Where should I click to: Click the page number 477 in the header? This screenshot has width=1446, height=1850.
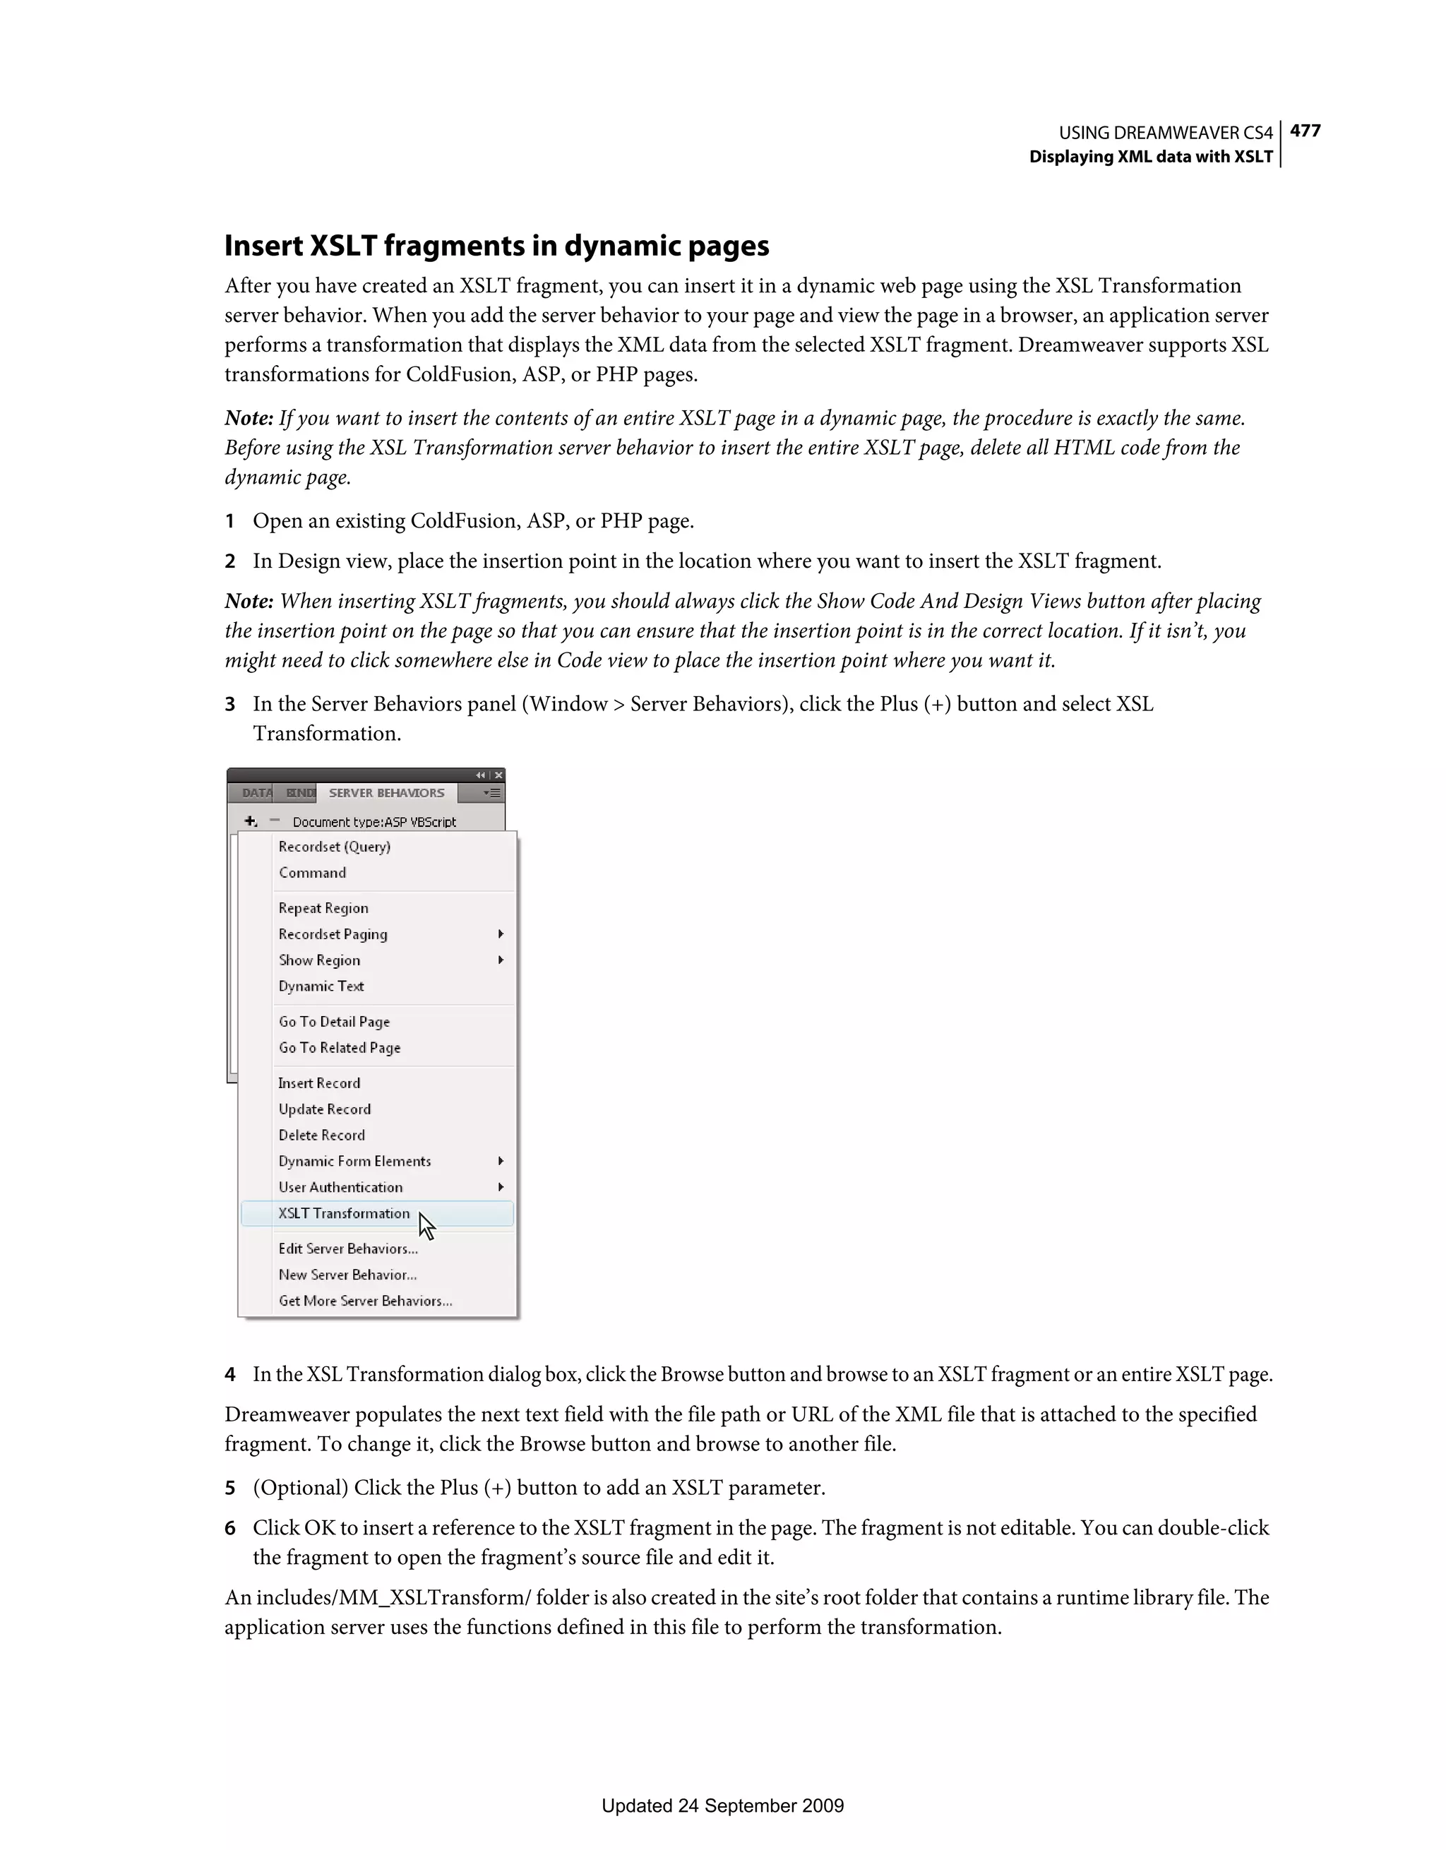(x=1305, y=131)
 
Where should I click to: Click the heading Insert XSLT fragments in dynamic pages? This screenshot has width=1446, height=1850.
(x=496, y=246)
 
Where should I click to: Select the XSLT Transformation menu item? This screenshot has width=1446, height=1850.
(x=344, y=1213)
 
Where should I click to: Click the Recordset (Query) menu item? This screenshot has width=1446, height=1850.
(x=334, y=846)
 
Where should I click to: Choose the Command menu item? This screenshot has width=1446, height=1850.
(x=312, y=873)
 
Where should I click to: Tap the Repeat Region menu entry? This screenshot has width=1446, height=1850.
(x=323, y=908)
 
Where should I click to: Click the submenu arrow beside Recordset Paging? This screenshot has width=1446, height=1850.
(x=501, y=933)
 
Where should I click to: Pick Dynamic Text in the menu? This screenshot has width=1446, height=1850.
(x=321, y=986)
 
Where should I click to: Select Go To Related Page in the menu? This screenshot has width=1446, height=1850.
(x=339, y=1048)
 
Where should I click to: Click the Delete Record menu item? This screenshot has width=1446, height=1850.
(x=321, y=1135)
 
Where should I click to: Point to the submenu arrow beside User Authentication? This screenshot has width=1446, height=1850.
(x=501, y=1187)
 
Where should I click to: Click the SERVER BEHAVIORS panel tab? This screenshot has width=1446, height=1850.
(x=386, y=793)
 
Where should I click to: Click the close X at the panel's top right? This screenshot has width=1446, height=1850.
(x=499, y=775)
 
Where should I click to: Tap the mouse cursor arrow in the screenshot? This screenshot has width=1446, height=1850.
(x=425, y=1226)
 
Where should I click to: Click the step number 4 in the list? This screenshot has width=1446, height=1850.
(x=229, y=1374)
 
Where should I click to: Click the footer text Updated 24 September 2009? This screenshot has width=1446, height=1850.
(x=722, y=1829)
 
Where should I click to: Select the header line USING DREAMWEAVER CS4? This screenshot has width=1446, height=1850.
(x=1165, y=133)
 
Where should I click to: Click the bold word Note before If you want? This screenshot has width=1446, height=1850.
(x=247, y=419)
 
